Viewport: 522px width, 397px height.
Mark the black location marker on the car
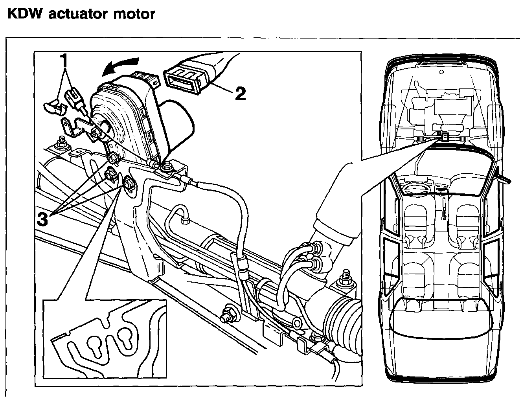(x=445, y=137)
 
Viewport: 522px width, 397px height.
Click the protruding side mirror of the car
(x=504, y=176)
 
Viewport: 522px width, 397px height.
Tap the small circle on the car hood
(x=441, y=72)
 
